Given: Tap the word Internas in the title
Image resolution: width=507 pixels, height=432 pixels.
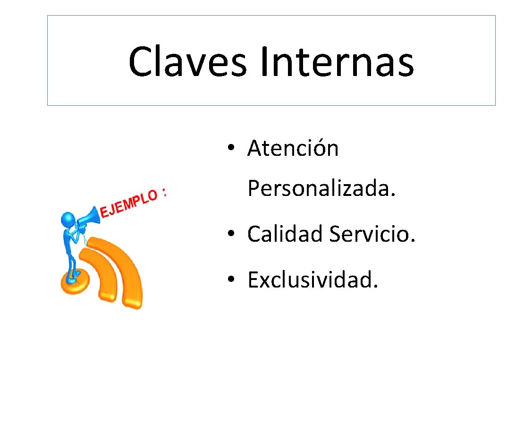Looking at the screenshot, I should pyautogui.click(x=336, y=62).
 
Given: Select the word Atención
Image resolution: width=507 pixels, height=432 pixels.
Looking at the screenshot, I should pyautogui.click(x=293, y=149).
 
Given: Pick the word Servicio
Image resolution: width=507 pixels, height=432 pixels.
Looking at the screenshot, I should pyautogui.click(x=372, y=234).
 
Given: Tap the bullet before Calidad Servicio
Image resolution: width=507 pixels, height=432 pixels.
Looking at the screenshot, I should pyautogui.click(x=231, y=235).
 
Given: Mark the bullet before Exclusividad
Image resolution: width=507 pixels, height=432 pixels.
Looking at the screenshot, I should pyautogui.click(x=231, y=281).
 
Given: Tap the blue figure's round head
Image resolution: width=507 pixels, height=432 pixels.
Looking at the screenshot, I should pyautogui.click(x=67, y=220).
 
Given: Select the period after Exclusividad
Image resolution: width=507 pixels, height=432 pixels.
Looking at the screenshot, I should pyautogui.click(x=376, y=286).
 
